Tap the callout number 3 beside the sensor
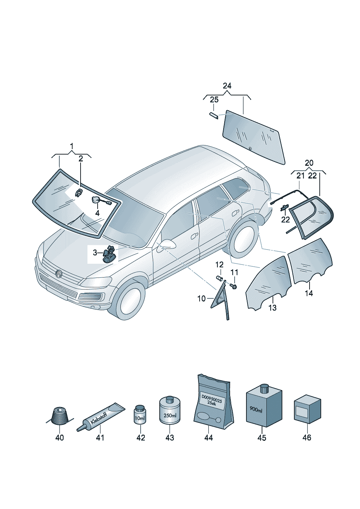(95, 253)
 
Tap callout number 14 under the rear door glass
(309, 293)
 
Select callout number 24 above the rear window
(227, 86)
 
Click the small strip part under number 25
(214, 115)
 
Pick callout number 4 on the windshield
(97, 213)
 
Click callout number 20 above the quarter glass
(309, 163)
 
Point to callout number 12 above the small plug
(219, 264)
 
